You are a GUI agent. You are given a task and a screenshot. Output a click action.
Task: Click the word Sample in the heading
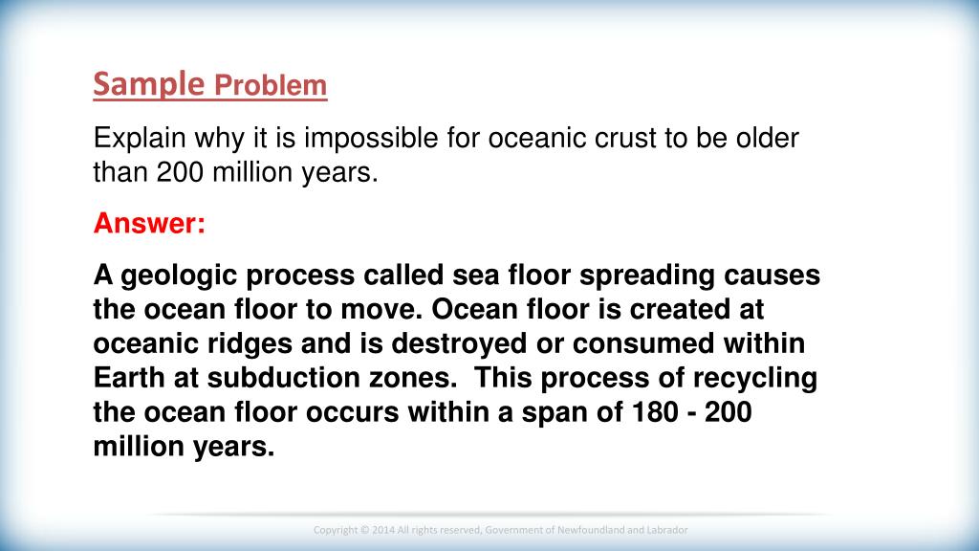pos(149,84)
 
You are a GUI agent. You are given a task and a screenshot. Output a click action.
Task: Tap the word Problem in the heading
pos(271,85)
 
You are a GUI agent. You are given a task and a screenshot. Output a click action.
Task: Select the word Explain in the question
pos(140,139)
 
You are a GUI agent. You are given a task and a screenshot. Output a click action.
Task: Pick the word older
pos(768,138)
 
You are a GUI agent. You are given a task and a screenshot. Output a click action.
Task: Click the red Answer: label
pos(149,223)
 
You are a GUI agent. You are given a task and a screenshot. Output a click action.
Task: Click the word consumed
pos(643,343)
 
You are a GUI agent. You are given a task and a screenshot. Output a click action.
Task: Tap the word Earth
pos(129,378)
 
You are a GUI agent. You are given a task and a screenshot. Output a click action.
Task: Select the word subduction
pos(283,378)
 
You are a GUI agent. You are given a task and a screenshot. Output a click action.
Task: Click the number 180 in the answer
pos(655,412)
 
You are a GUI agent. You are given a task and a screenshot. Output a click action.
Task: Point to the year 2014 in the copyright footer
pos(382,530)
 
